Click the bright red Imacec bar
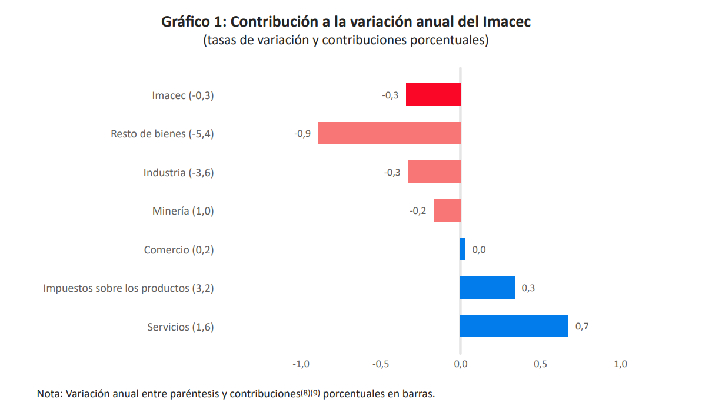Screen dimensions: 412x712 pos(433,95)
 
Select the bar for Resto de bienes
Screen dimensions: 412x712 pos(389,133)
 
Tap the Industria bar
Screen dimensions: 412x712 pos(434,172)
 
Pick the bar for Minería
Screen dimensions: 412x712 pos(447,210)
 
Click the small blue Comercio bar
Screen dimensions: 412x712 pos(463,249)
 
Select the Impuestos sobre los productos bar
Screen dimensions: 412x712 pos(487,288)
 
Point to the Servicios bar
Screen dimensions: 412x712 pos(514,326)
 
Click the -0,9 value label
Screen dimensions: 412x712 pos(302,134)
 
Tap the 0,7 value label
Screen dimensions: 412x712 pos(581,327)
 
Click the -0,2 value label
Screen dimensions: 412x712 pos(418,211)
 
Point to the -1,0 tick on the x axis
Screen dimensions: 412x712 pos(301,364)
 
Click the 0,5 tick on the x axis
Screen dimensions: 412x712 pos(540,364)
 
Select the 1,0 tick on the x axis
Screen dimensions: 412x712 pos(620,364)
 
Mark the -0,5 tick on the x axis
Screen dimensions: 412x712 pos(381,364)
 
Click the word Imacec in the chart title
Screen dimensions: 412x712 pos(507,22)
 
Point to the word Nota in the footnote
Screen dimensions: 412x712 pos(49,394)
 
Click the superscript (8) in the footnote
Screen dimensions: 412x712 pos(305,392)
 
